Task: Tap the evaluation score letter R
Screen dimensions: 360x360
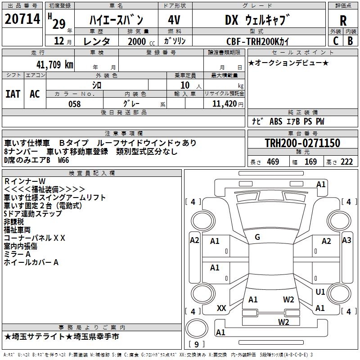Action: (x=343, y=20)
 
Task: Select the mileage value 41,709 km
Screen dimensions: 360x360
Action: (x=53, y=64)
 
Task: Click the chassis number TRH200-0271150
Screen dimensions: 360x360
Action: (x=302, y=143)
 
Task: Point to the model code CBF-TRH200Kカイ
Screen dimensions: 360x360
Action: (x=258, y=41)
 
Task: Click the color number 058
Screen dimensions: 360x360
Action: (x=74, y=104)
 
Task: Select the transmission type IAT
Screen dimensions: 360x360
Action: (x=13, y=94)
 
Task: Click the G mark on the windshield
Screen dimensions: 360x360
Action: (x=257, y=237)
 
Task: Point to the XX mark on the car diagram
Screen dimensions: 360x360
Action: (x=221, y=308)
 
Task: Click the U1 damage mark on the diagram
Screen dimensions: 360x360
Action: (x=320, y=292)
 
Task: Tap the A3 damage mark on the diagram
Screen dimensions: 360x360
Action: (x=346, y=240)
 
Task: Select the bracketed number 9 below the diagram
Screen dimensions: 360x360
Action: (x=197, y=344)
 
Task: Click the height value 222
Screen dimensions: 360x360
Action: (x=346, y=162)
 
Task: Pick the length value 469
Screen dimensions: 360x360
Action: (x=273, y=162)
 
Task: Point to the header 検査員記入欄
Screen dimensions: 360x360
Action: (x=92, y=173)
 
